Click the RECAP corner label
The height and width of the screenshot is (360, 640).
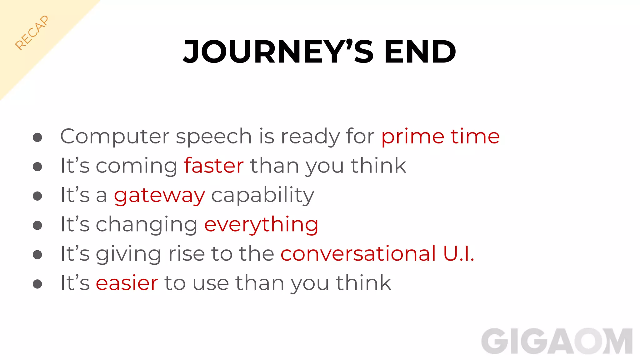(32, 32)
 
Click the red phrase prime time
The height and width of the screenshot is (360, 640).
(440, 137)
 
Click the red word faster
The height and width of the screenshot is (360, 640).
(214, 166)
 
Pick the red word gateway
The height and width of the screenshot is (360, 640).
(159, 196)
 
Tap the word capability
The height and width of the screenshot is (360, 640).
(262, 196)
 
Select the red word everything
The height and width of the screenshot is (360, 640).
(261, 225)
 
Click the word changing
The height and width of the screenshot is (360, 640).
(147, 225)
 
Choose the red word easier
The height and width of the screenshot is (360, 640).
(127, 283)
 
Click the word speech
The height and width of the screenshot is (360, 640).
(214, 137)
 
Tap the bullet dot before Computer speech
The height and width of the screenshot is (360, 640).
(37, 137)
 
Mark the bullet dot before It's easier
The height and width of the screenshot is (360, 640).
(37, 284)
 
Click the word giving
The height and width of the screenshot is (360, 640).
(129, 254)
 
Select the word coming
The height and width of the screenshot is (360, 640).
(137, 166)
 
